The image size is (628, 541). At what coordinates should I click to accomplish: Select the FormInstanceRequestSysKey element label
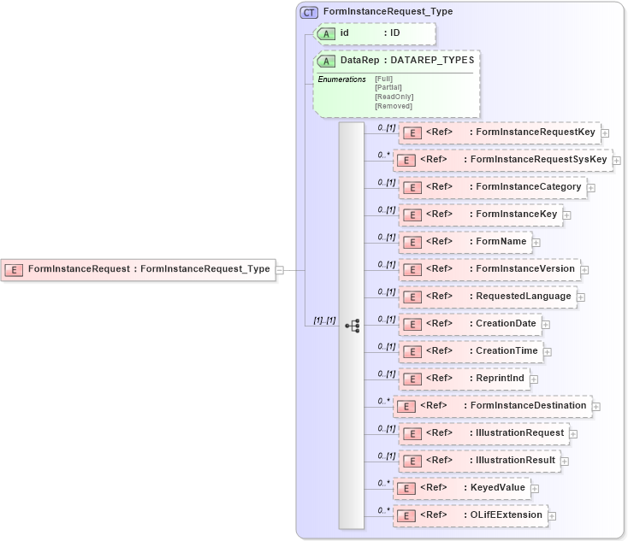(538, 160)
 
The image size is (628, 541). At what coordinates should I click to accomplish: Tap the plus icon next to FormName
(536, 243)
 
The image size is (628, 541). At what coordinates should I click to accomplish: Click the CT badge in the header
(309, 12)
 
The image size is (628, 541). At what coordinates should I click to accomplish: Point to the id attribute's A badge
(326, 33)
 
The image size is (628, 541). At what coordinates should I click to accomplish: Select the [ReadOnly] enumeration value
(394, 97)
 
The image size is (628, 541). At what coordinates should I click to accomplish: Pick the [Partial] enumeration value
(388, 87)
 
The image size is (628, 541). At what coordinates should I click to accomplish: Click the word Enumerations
(342, 79)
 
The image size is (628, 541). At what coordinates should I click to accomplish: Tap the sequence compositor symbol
(352, 325)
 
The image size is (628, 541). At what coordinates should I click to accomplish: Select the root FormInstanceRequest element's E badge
(14, 269)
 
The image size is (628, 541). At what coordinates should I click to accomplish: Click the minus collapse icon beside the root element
(280, 269)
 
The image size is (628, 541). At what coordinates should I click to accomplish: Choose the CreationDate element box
(470, 324)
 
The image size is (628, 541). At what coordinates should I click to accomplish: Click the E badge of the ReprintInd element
(412, 379)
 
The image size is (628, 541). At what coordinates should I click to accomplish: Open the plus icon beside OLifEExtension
(552, 515)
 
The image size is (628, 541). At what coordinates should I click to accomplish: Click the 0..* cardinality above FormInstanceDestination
(384, 400)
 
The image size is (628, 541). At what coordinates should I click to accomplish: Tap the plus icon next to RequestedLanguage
(581, 297)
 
